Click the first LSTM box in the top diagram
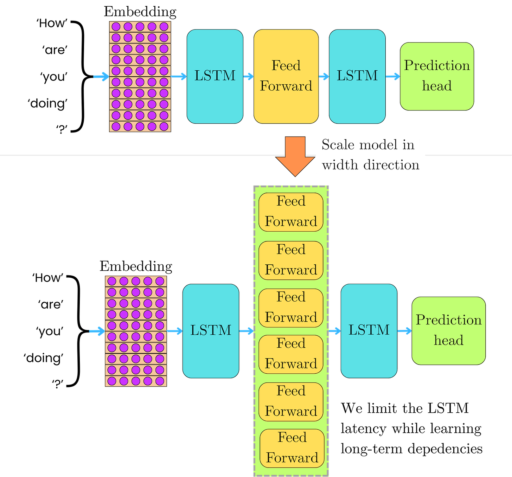pos(215,76)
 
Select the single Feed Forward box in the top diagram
pos(286,76)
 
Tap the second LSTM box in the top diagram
pos(357,76)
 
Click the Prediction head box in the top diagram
pos(437,76)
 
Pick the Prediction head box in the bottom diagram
pos(449,330)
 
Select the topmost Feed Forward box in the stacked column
pos(291,212)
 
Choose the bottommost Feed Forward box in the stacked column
pos(292,448)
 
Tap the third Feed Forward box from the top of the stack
pos(291,308)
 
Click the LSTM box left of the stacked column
pos(211,330)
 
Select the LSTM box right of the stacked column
pos(369,330)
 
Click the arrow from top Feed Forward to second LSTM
pos(324,76)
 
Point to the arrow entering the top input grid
pos(101,76)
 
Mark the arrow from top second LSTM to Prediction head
pos(393,76)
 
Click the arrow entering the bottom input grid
pos(97,331)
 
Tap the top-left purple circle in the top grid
pos(116,26)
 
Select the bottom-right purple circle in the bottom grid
pos(160,381)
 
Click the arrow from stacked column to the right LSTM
pos(335,331)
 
